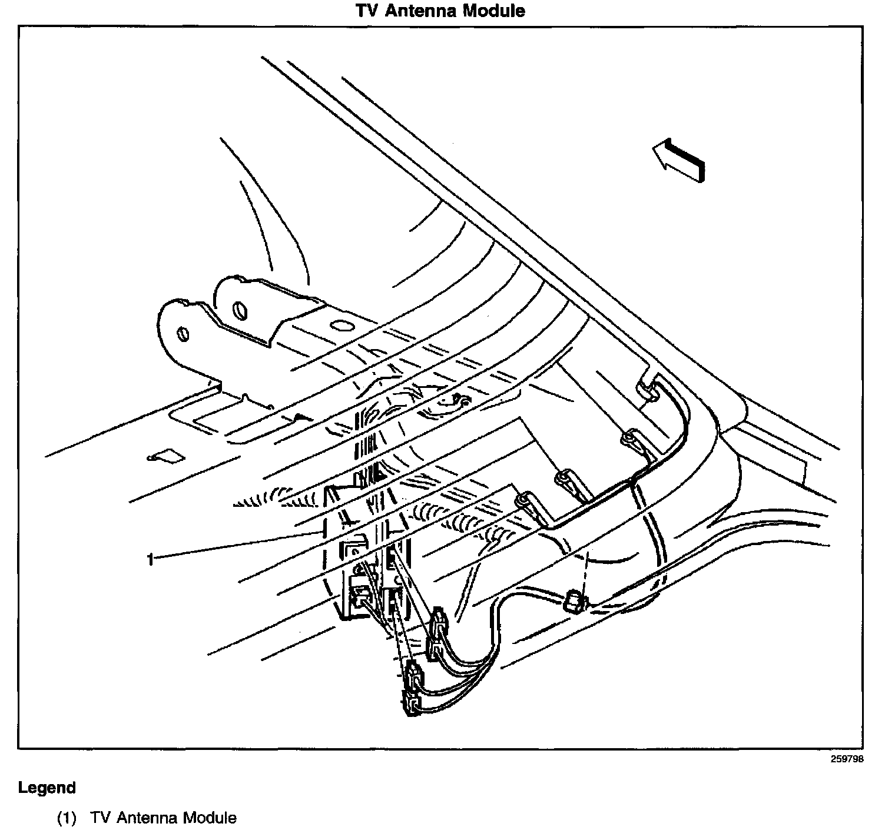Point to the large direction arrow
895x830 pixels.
click(678, 159)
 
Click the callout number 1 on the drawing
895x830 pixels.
click(150, 559)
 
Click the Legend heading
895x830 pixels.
click(47, 788)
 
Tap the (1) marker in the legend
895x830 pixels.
click(67, 818)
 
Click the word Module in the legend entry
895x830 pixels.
click(210, 818)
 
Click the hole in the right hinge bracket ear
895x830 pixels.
click(239, 310)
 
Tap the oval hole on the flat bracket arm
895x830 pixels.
click(341, 324)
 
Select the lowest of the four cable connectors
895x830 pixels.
click(410, 704)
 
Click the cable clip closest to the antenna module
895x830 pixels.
click(523, 501)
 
